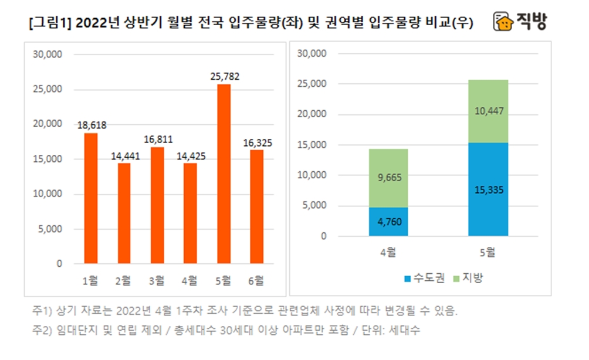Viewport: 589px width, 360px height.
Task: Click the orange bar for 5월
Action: coord(224,174)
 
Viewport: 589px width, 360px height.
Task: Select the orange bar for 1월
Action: coord(91,198)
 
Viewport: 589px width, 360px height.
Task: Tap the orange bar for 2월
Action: coord(124,213)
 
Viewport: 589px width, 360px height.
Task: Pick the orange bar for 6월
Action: coord(256,206)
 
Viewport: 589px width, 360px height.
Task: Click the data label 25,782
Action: coord(224,77)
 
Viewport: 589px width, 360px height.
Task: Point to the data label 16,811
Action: coord(157,140)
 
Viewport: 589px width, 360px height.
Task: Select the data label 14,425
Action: coord(190,156)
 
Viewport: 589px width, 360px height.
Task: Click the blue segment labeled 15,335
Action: coord(488,189)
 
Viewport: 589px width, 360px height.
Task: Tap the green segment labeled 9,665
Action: coord(388,178)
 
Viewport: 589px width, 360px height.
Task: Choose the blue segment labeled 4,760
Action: coord(388,222)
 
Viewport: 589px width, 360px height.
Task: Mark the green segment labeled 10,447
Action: coord(488,111)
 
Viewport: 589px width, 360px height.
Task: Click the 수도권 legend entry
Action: coord(419,277)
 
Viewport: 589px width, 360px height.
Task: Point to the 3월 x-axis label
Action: coord(157,280)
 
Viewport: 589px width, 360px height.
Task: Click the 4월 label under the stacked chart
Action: coord(388,253)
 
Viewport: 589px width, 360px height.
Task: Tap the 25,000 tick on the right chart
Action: coord(312,84)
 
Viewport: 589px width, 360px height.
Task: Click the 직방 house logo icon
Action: coord(503,23)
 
